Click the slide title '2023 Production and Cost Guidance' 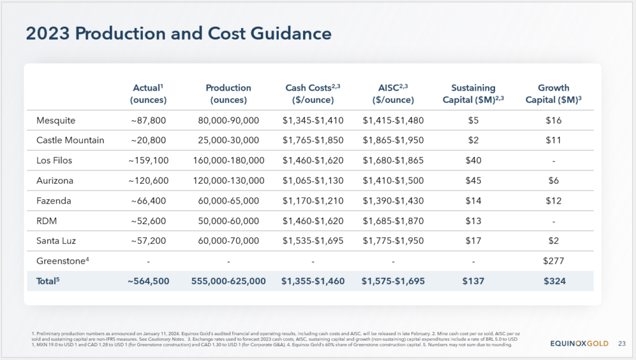[178, 34]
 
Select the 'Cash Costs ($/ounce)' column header [313, 94]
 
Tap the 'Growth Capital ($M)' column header [553, 94]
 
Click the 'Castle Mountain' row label [70, 140]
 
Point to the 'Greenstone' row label [63, 261]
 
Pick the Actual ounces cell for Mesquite [148, 120]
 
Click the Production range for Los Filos [229, 161]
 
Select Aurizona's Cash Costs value [313, 181]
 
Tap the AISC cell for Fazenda [393, 201]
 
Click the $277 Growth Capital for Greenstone [553, 261]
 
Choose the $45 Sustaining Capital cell [473, 181]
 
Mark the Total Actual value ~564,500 [148, 281]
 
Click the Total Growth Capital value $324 [555, 281]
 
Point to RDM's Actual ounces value [148, 221]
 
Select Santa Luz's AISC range [393, 241]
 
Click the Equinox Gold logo [579, 343]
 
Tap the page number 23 [622, 343]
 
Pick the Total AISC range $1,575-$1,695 [393, 281]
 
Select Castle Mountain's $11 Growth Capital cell [553, 140]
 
